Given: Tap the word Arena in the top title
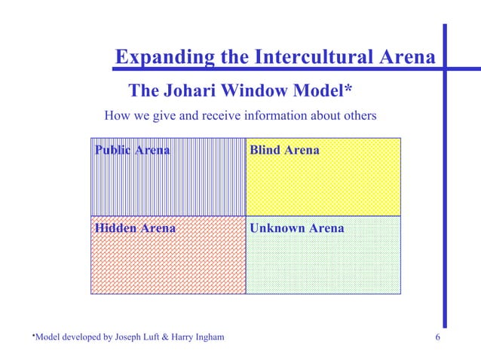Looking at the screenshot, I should pos(409,57).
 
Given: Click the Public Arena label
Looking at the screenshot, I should pos(133,150).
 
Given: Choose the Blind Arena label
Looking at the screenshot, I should pos(284,150).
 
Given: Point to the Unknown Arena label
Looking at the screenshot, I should pos(297,227).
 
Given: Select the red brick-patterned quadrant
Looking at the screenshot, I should pos(168,264).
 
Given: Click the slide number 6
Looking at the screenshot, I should pos(438,337).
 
